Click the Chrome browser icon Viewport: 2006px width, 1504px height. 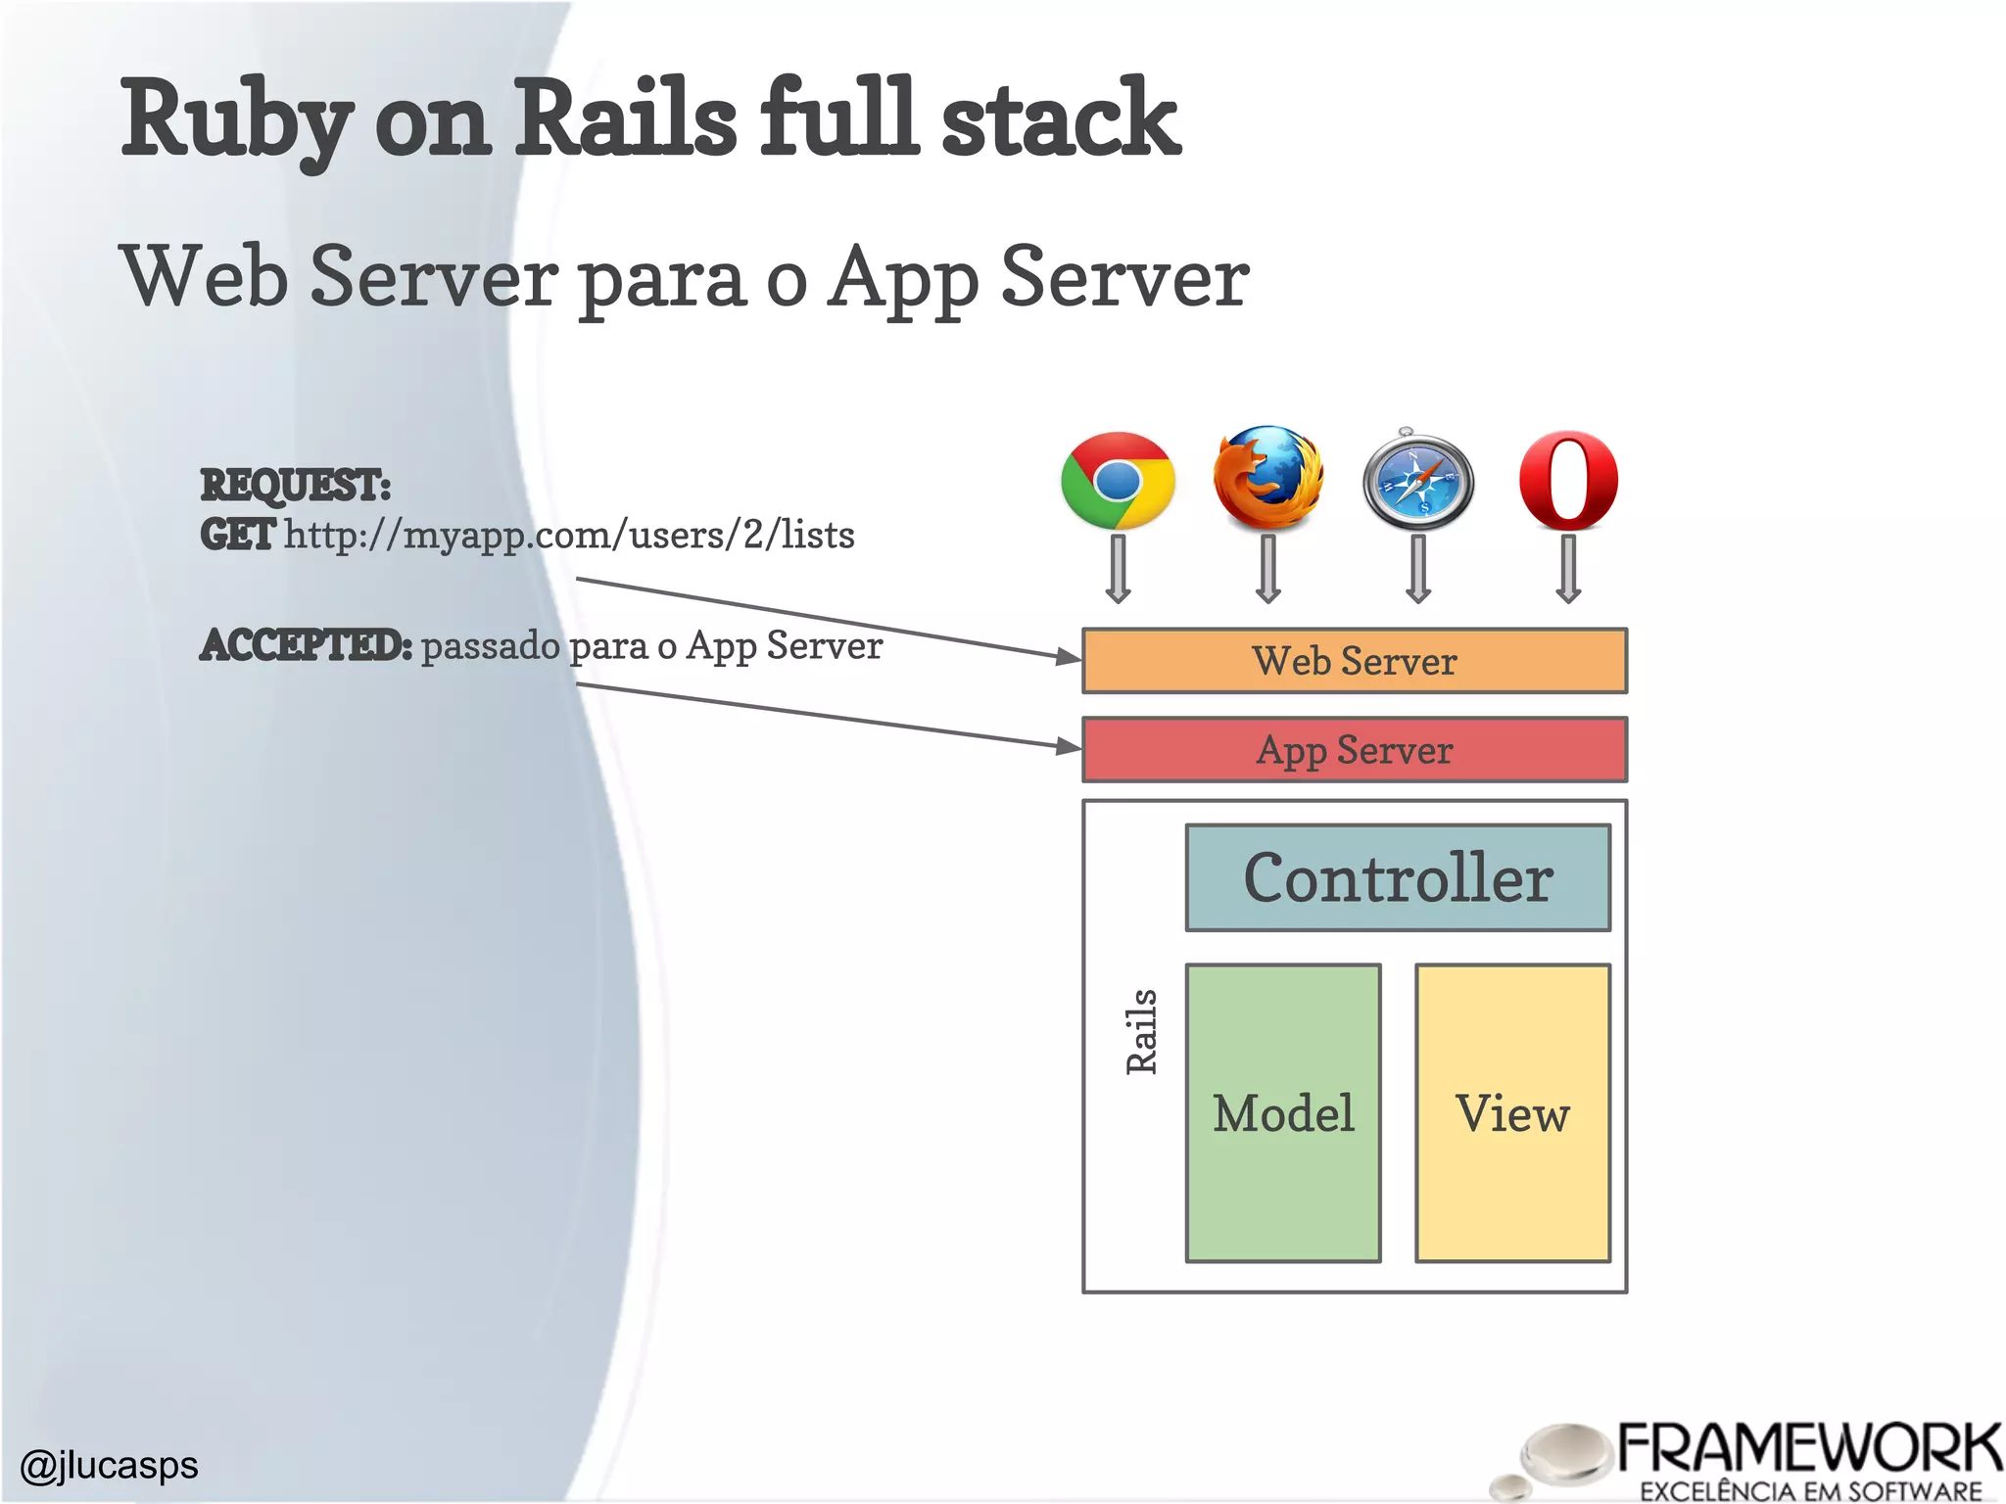(x=1118, y=480)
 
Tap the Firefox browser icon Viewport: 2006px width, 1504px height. (x=1267, y=478)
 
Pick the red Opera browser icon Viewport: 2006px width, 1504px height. (x=1568, y=480)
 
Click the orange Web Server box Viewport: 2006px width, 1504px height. (x=1354, y=661)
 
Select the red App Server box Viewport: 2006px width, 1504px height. (x=1354, y=750)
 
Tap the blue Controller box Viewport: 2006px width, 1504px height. (x=1398, y=877)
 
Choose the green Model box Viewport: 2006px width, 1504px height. (x=1283, y=1112)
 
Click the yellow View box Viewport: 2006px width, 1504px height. (x=1512, y=1112)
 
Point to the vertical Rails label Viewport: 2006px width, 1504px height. (x=1141, y=1031)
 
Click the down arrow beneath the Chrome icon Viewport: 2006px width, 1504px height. (x=1118, y=568)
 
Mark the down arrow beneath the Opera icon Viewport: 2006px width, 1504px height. (x=1568, y=568)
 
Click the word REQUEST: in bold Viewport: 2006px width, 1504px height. (x=295, y=485)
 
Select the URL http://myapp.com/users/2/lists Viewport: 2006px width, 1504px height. (x=569, y=535)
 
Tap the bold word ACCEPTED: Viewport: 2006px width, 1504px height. (x=306, y=645)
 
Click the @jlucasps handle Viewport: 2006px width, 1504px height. (x=109, y=1465)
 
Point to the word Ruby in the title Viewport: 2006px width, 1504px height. (x=235, y=119)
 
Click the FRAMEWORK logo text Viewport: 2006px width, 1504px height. (x=1808, y=1449)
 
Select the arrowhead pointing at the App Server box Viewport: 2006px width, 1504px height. (x=1070, y=746)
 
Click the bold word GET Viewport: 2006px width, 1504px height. (x=237, y=535)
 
